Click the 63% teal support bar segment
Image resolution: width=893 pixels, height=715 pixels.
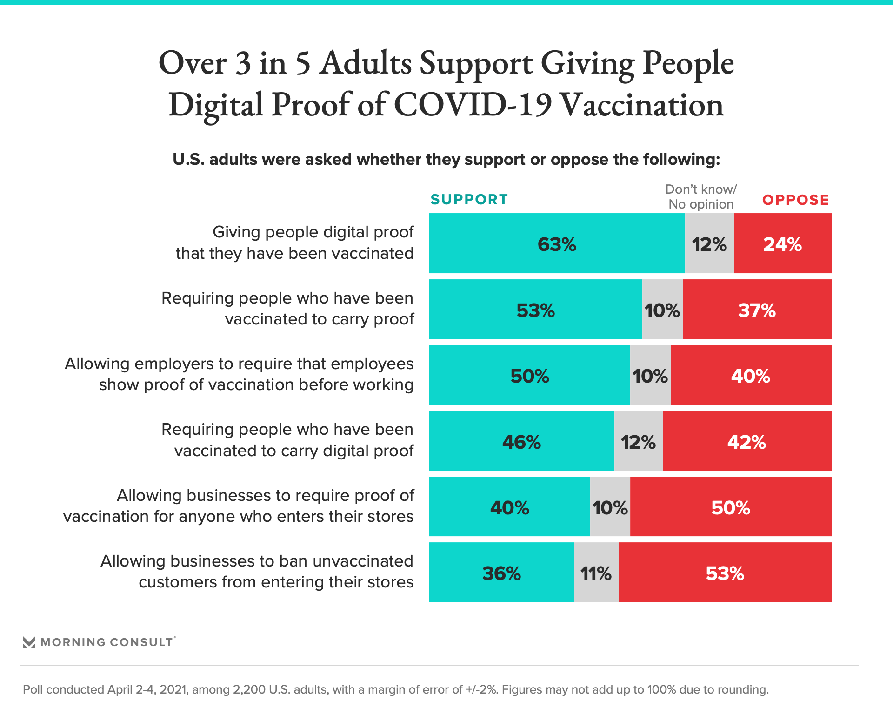[557, 243]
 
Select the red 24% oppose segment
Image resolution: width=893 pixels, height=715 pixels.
[782, 243]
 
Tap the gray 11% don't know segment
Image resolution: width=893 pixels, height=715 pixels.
[596, 573]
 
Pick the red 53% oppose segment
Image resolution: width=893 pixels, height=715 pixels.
[725, 573]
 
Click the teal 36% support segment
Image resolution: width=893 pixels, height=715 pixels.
[501, 573]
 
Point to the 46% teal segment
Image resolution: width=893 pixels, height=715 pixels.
[521, 441]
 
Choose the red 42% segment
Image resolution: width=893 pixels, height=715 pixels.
[746, 441]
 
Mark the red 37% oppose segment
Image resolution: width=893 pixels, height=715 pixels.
[757, 310]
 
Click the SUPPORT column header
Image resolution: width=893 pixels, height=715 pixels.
[469, 200]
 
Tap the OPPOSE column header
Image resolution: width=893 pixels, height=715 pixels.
[795, 200]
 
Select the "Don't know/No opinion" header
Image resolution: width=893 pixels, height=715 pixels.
[701, 196]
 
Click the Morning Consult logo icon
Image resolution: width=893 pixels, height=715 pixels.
[29, 642]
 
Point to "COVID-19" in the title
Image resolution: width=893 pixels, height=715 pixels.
[473, 105]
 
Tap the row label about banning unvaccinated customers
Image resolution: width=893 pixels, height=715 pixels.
[257, 572]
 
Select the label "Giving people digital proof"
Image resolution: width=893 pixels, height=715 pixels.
[313, 232]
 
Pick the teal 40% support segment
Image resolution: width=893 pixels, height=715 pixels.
[509, 507]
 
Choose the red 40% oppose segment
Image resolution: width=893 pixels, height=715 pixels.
[750, 375]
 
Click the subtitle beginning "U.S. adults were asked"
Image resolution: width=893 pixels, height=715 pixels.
[446, 160]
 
